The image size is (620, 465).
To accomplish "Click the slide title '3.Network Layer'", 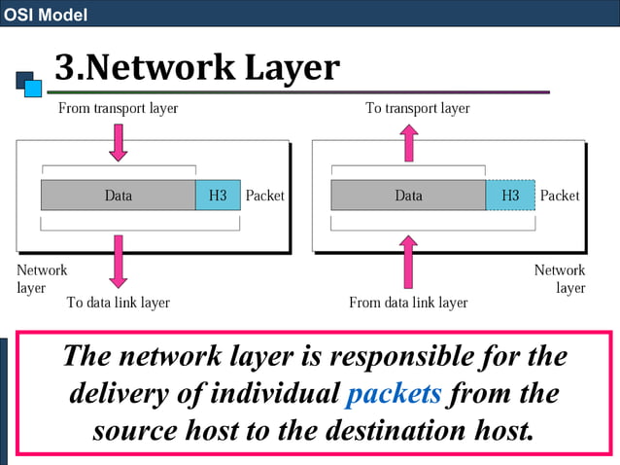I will click(197, 67).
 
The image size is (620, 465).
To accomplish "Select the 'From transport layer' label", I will click(119, 108).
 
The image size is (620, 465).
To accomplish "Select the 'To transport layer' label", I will click(418, 108).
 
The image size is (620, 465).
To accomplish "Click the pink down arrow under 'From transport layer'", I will click(119, 141).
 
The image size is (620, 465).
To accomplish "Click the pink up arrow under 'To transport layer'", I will click(409, 141).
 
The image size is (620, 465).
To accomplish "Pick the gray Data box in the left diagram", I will click(118, 196).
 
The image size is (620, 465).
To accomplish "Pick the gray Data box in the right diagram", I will click(408, 196).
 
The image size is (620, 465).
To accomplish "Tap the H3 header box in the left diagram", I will click(218, 196).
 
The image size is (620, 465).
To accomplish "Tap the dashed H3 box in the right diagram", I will click(510, 196).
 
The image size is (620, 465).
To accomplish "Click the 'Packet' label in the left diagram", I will click(265, 196).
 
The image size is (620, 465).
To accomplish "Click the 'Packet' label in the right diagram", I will click(560, 196).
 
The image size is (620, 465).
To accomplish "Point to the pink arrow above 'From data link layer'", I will click(409, 260).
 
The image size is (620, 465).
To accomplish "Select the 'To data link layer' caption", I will click(119, 303).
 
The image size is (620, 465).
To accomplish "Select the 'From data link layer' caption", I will click(408, 303).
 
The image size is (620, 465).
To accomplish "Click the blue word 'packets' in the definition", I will click(394, 393).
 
